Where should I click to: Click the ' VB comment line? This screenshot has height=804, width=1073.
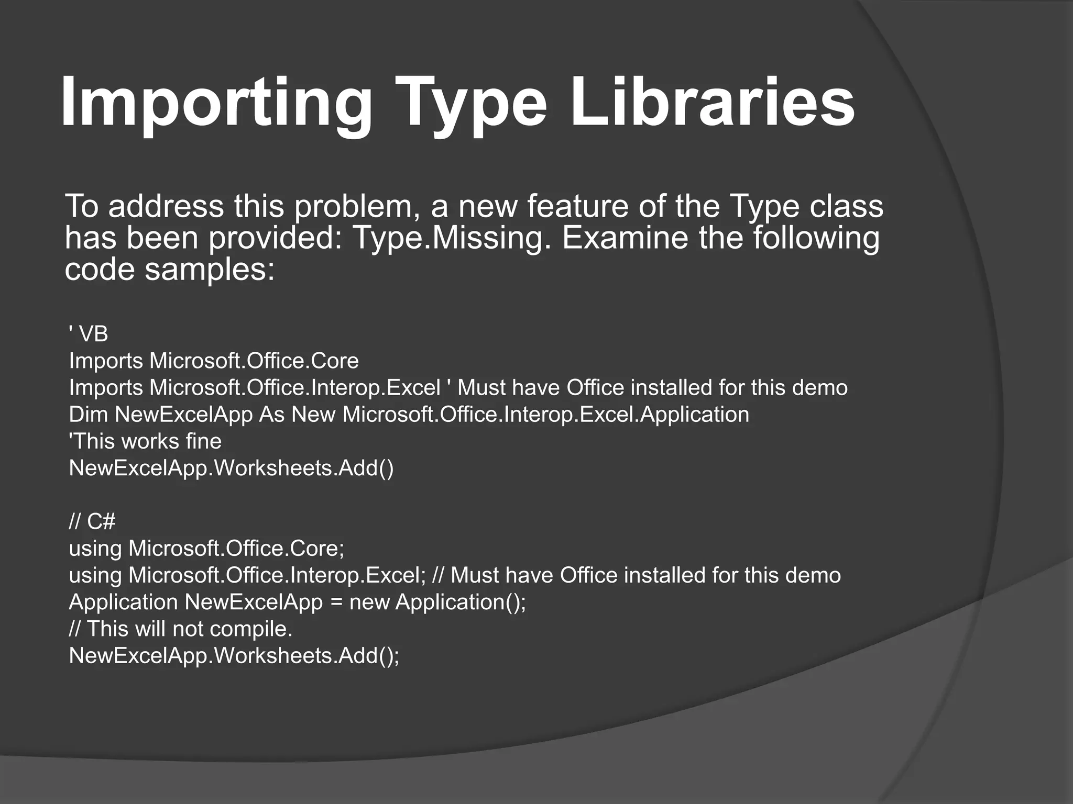pos(89,334)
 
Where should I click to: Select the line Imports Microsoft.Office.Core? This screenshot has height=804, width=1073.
pos(214,361)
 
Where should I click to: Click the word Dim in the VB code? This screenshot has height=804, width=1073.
pos(88,414)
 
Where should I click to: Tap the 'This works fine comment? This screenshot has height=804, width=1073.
pos(145,441)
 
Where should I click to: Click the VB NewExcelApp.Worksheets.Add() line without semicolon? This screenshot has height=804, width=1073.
pos(231,468)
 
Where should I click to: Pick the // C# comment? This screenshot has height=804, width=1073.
pos(92,521)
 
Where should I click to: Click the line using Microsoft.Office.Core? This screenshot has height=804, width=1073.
pos(206,548)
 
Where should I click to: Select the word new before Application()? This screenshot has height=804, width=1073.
pos(369,602)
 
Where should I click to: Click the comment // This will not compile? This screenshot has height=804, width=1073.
pos(181,629)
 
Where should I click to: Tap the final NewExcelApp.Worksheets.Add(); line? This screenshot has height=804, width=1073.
pos(234,655)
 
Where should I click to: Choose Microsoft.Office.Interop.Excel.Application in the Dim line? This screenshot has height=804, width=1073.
pos(545,414)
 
